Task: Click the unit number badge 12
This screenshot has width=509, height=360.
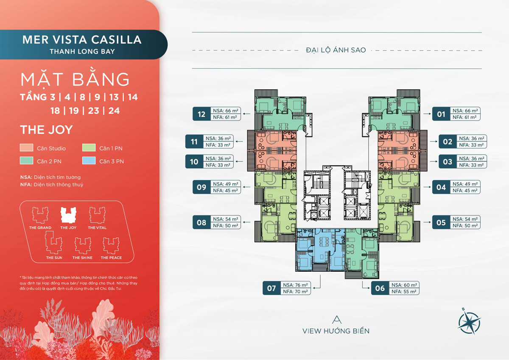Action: coord(201,114)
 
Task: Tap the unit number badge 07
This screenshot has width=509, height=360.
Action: coord(271,288)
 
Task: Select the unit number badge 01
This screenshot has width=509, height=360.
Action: coord(441,114)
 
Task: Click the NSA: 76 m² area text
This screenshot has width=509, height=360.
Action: coord(295,285)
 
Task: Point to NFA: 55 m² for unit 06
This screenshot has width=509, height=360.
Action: coord(404,292)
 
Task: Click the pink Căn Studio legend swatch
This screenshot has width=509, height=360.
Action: coord(27,148)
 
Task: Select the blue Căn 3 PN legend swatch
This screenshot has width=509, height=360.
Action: coord(89,160)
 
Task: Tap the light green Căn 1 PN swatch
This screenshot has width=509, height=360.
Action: coord(89,148)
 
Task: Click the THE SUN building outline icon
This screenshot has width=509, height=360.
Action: coord(53,242)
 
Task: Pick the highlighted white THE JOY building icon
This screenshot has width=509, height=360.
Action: coord(68,215)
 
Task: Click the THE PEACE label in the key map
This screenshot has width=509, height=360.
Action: coord(111,258)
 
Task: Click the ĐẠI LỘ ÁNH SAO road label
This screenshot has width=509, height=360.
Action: coord(336,50)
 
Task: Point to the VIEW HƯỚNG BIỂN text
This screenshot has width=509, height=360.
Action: coord(336,331)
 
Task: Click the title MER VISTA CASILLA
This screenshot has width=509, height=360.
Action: coord(82,39)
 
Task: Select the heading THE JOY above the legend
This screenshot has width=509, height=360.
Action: coord(46,129)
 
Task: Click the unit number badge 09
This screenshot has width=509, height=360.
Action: coord(201,187)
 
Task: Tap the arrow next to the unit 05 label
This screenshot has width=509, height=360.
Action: coord(427,222)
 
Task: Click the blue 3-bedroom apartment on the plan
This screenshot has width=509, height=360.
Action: coord(320,250)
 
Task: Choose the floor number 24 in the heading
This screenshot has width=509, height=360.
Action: coord(114,111)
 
